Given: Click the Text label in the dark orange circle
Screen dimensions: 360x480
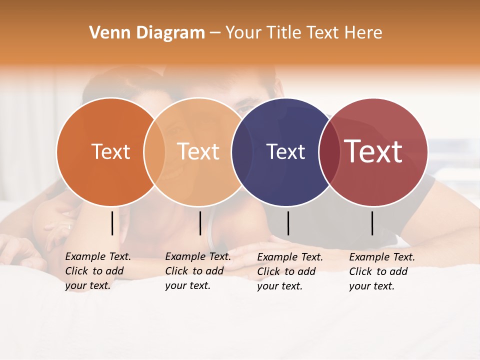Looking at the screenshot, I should pos(110,151).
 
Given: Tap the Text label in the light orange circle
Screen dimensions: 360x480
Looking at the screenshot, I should pos(198,151).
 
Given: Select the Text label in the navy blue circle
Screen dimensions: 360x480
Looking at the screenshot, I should pos(285,151).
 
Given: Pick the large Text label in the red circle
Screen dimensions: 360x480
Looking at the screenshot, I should pos(373,151).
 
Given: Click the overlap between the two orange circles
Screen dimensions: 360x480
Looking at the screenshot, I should pos(154,151).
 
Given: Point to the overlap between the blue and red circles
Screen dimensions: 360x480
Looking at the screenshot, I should pos(328,151).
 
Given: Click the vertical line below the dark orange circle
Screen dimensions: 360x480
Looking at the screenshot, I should pos(112,223).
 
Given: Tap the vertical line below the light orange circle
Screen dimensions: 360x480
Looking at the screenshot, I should pos(200,223).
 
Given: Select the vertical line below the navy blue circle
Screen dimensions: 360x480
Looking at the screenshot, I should pos(288,223).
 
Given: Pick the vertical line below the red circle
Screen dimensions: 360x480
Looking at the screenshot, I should pos(372,223).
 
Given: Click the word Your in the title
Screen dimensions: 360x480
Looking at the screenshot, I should pos(243,32).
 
